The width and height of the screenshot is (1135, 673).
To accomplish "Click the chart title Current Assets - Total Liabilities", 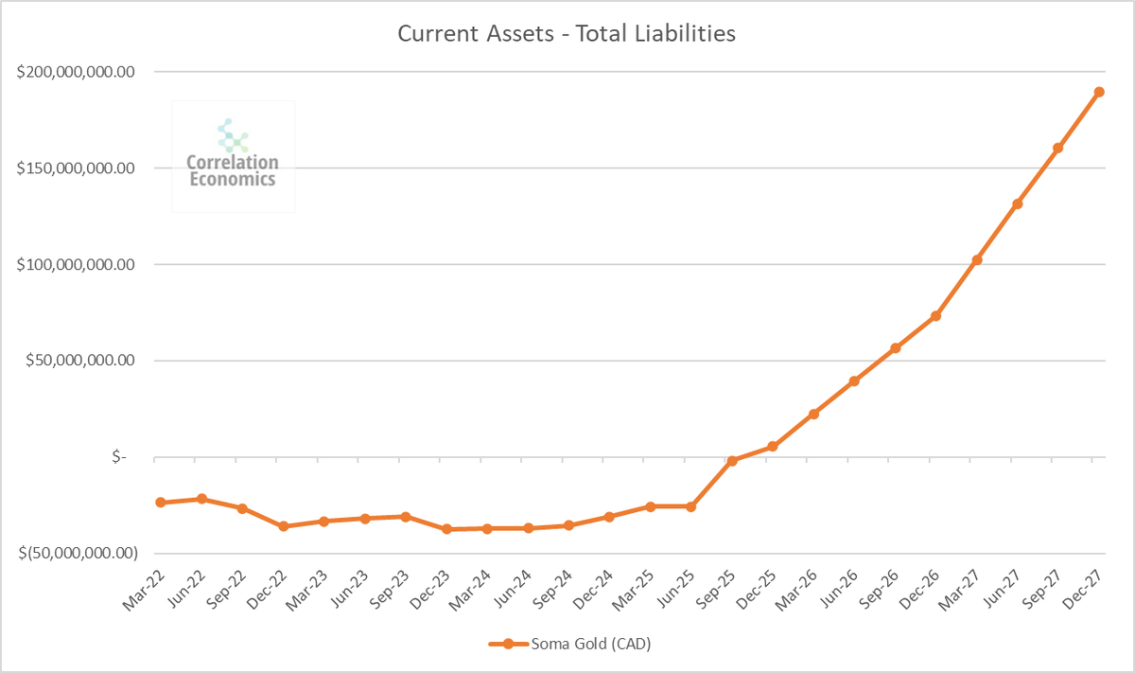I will click(x=566, y=34).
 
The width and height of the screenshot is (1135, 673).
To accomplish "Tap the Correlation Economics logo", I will click(x=233, y=156).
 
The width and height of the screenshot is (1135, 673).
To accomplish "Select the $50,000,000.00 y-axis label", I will click(x=81, y=361).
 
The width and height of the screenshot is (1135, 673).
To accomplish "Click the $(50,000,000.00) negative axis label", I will click(x=78, y=554).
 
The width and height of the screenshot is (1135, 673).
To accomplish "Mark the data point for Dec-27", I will click(x=1099, y=92).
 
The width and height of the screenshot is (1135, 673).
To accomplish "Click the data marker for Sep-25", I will click(x=732, y=460).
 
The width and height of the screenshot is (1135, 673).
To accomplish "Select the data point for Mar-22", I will click(x=161, y=503).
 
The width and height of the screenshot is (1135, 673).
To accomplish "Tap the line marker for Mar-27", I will click(x=977, y=259).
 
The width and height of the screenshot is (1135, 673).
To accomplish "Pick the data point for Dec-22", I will click(x=283, y=526).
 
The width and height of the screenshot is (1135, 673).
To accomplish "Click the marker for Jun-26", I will click(x=854, y=381).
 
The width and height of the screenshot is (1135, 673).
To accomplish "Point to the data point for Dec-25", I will click(x=773, y=447).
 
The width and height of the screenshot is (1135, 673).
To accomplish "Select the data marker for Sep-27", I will click(x=1058, y=148).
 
